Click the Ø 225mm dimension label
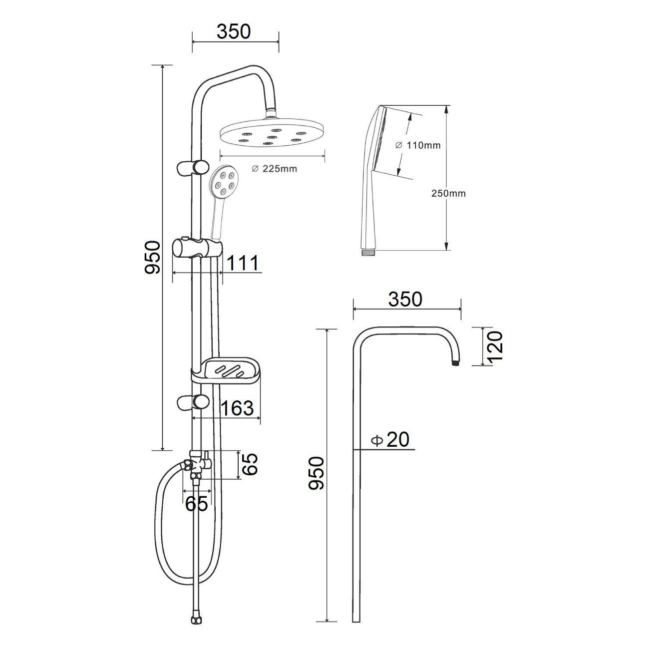point(275,169)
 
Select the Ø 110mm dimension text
point(418,145)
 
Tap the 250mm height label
point(449,193)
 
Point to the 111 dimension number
point(243,263)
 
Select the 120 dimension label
point(495,346)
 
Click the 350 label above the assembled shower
point(234,31)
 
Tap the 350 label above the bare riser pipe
point(405,299)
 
